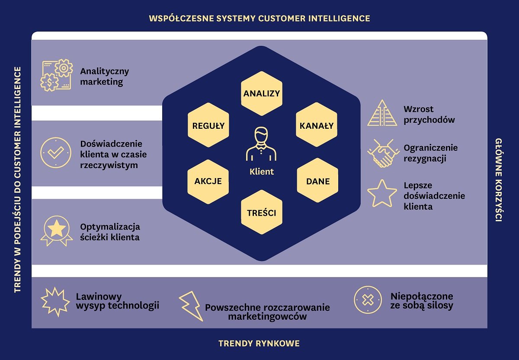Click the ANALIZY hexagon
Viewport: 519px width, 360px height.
coord(261,93)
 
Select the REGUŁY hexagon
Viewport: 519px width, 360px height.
coord(208,126)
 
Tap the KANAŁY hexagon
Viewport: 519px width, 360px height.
coord(317,126)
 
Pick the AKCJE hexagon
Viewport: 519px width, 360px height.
coord(208,181)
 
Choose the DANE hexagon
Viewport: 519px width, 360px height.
coord(317,181)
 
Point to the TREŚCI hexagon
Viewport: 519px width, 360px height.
coord(261,213)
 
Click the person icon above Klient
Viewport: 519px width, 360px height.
coord(261,144)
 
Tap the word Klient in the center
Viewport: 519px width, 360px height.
coord(262,172)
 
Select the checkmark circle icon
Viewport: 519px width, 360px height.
coord(56,152)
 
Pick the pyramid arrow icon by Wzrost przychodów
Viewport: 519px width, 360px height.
coord(382,113)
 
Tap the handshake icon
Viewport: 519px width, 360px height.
coord(382,153)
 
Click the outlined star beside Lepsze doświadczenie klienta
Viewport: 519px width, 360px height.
coord(382,194)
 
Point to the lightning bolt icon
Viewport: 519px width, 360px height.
coord(191,306)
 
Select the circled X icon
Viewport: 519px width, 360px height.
coord(368,300)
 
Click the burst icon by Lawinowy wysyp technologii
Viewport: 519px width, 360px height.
coord(55,301)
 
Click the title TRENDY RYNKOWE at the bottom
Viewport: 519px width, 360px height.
coord(259,344)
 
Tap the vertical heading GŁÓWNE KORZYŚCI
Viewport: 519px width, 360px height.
coord(498,180)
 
